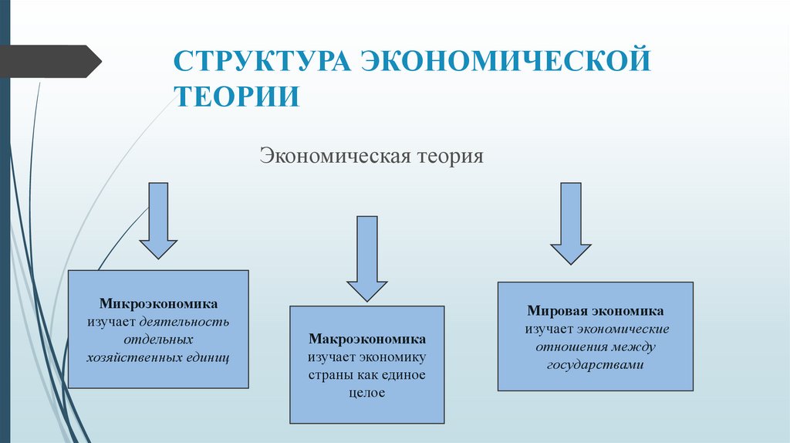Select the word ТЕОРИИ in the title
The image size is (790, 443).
[236, 96]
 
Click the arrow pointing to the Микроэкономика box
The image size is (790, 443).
[158, 219]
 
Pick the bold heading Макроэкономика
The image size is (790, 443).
[366, 340]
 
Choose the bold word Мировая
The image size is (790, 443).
[558, 311]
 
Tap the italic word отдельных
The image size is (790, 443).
[157, 340]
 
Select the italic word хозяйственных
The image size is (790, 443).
[133, 357]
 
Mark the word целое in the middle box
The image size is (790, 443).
[366, 393]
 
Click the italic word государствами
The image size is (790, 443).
[595, 365]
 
